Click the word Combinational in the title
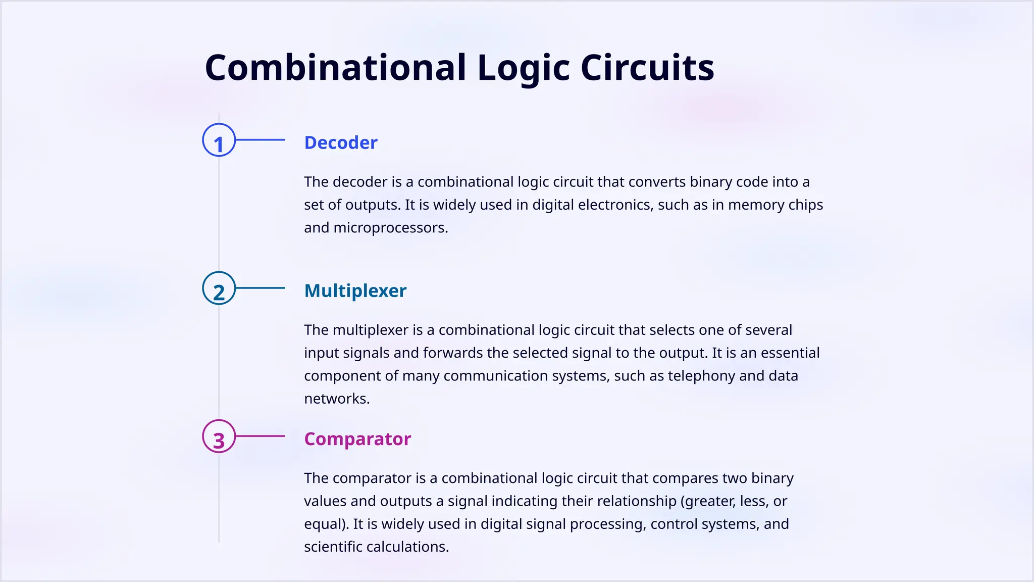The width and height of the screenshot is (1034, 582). point(335,68)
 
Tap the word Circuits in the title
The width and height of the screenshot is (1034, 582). point(647,68)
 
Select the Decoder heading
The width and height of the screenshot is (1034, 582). point(341,143)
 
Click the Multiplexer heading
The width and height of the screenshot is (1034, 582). point(355,291)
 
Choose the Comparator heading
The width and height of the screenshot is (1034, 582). point(357,439)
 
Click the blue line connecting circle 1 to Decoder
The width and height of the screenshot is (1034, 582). point(261,140)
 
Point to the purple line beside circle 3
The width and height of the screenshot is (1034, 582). point(261,436)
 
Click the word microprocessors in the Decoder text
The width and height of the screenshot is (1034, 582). point(390,228)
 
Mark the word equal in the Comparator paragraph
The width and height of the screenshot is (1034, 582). point(323,524)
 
